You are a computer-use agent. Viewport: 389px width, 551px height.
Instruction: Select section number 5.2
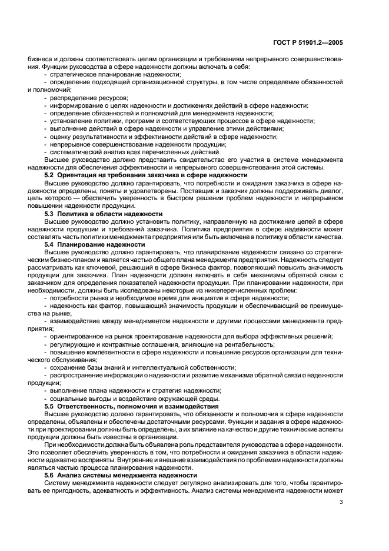coord(51,175)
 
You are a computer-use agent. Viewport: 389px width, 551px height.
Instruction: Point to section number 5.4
coord(51,244)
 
